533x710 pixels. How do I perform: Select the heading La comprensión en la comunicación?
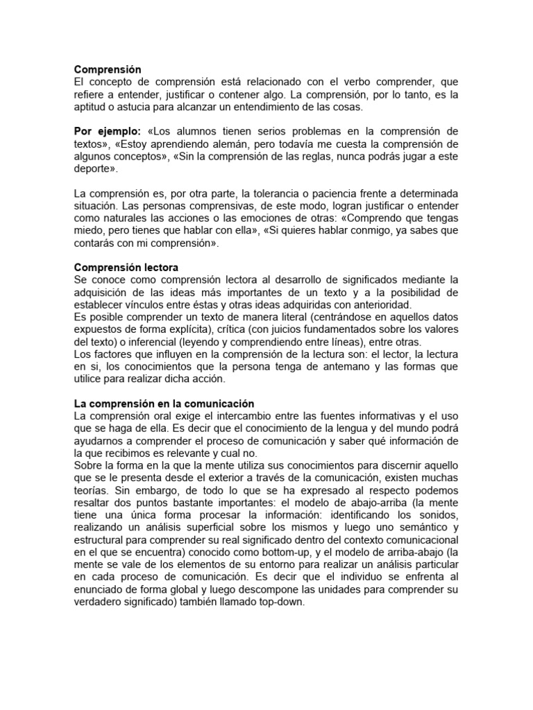(164, 404)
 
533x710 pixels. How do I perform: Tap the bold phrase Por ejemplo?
(107, 131)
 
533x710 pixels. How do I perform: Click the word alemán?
(232, 144)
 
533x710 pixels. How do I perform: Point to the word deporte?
(93, 168)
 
